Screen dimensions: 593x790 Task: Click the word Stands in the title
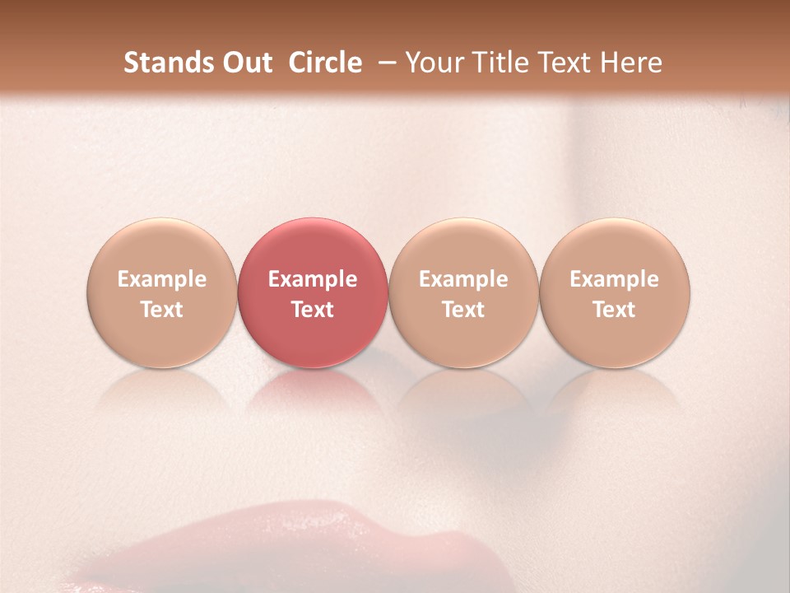159,63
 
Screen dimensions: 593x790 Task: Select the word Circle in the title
325,63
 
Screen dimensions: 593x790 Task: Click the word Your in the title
433,63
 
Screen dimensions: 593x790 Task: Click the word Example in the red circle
313,279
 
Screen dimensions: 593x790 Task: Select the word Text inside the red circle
313,310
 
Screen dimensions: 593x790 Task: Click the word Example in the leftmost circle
161,279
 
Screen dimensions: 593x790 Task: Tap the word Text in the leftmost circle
161,310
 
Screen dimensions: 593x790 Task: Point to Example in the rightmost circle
614,279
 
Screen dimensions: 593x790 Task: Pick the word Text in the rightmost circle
614,310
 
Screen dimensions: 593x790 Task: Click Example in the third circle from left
463,279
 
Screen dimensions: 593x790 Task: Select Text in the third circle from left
463,310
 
